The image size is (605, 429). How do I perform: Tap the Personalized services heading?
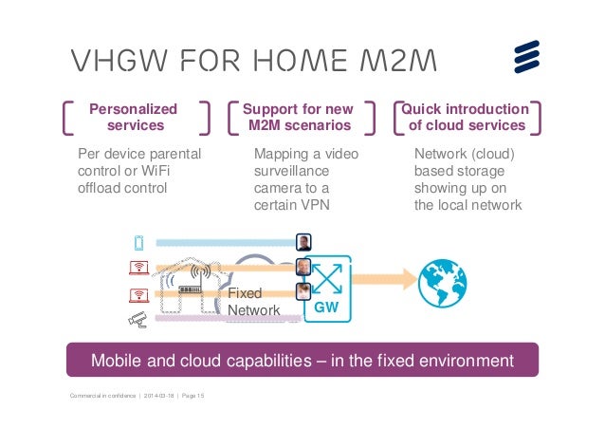(135, 117)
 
